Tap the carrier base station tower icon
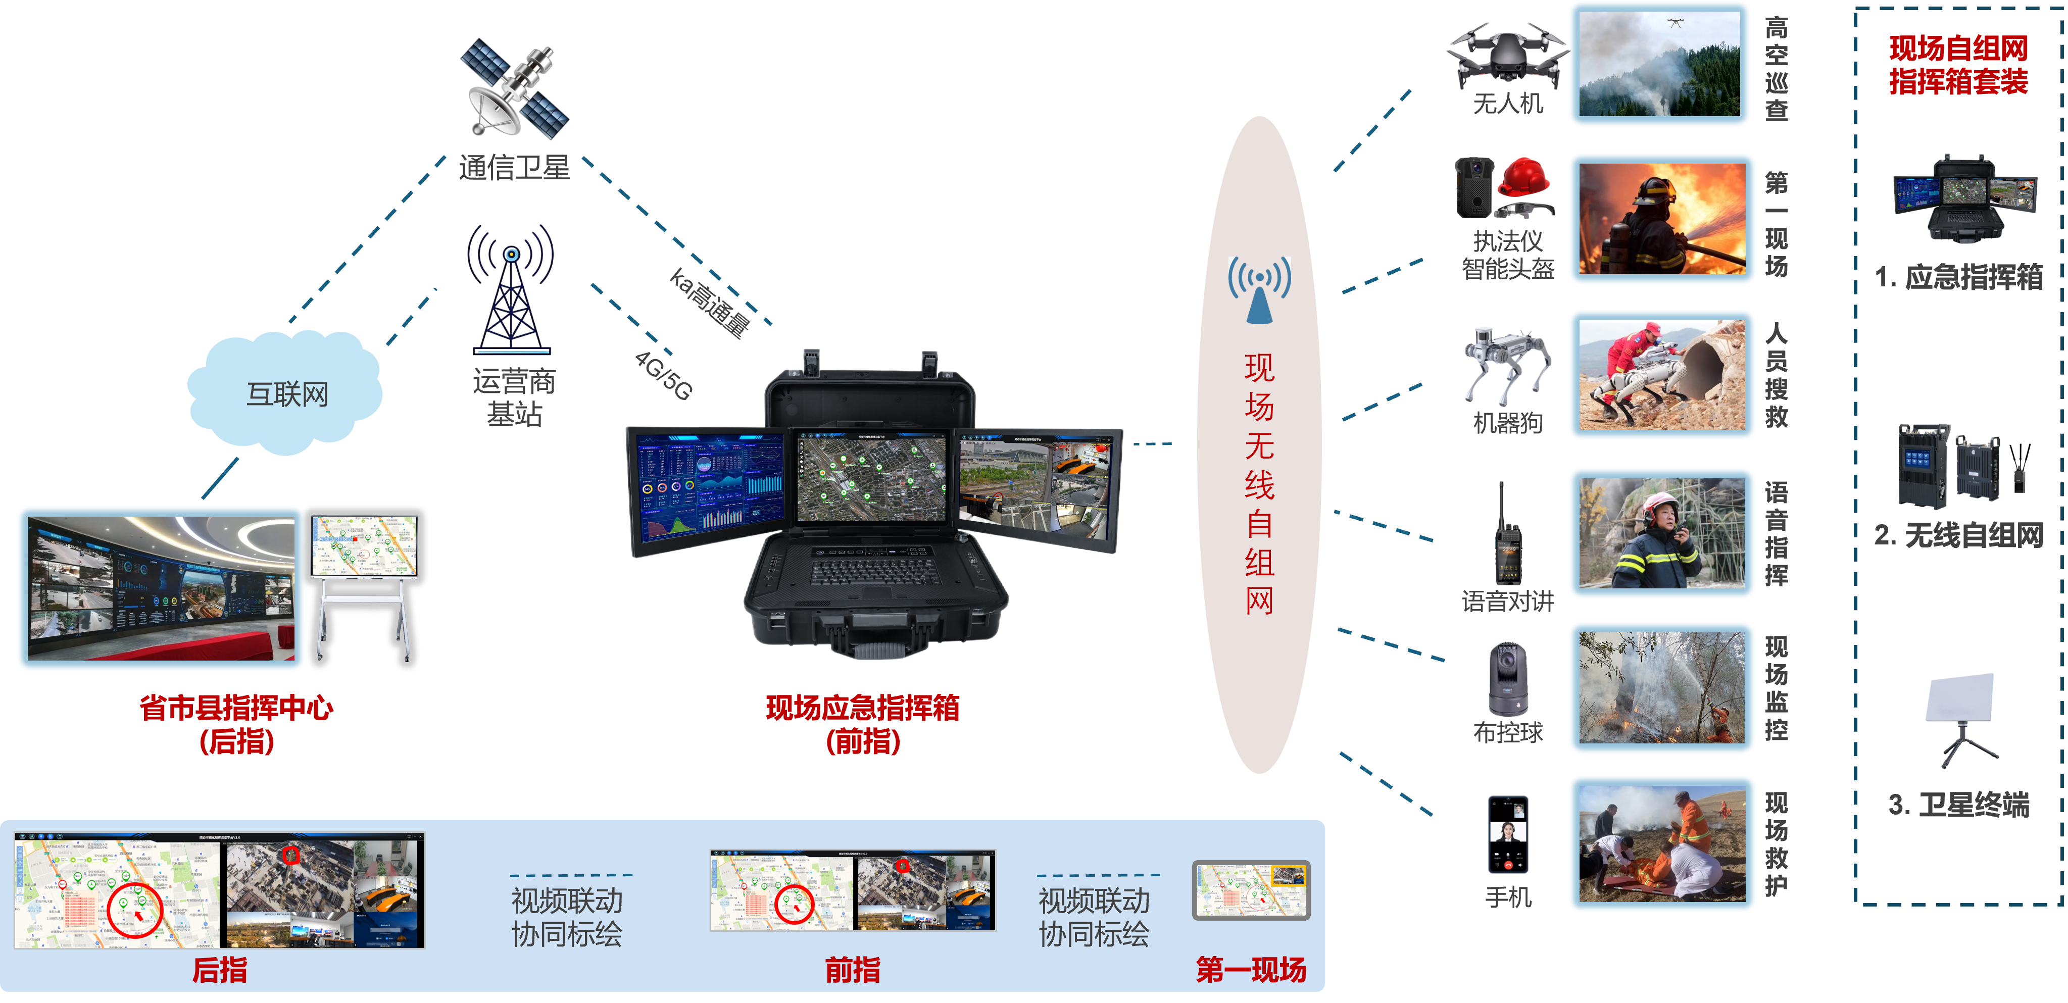click(511, 290)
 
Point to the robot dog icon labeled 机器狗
click(1506, 365)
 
